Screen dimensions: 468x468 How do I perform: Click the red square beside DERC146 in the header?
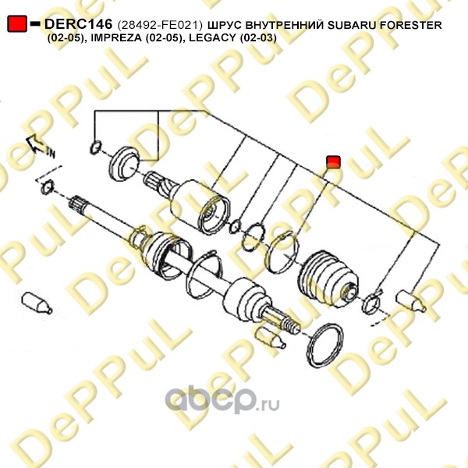coord(17,23)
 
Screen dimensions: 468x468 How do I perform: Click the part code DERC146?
coord(79,24)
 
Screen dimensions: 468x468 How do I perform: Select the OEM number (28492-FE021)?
coord(160,25)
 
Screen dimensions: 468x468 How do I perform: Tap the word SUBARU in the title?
coord(352,25)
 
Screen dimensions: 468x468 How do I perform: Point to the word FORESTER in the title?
coord(411,25)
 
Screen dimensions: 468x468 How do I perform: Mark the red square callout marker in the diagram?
coord(333,161)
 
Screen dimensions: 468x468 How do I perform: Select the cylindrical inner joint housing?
coord(200,206)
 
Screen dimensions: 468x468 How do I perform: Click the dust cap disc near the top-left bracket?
coord(125,164)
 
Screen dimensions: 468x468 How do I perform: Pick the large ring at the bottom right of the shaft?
coord(325,346)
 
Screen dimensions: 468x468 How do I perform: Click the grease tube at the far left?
coord(37,303)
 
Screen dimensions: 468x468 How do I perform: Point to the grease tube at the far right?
coord(411,301)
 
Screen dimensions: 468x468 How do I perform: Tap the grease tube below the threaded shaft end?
coord(271,338)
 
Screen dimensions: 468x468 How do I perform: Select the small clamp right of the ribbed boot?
coord(371,303)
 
